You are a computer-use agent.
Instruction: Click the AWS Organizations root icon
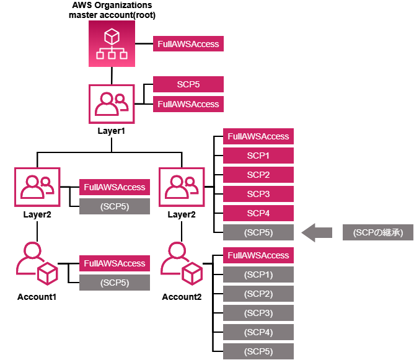click(x=112, y=45)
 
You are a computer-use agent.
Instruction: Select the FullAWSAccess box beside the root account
click(x=188, y=45)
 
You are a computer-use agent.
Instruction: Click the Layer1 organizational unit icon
click(x=112, y=104)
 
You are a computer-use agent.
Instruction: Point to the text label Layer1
click(x=112, y=131)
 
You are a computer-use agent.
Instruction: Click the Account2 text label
click(x=182, y=297)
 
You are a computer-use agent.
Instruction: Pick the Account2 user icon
click(x=182, y=263)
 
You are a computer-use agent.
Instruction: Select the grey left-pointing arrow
click(x=317, y=233)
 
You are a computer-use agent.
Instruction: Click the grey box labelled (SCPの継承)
click(x=377, y=233)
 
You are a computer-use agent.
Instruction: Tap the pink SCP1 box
click(x=258, y=156)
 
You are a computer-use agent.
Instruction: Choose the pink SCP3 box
click(x=258, y=195)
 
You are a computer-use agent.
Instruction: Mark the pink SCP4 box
click(x=258, y=214)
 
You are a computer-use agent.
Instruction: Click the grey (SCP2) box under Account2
click(x=258, y=294)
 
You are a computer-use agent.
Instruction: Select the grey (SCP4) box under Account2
click(x=258, y=332)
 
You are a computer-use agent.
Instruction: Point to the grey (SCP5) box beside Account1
click(x=114, y=283)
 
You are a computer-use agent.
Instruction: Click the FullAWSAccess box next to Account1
click(x=114, y=263)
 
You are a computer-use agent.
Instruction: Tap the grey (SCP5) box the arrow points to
click(x=258, y=233)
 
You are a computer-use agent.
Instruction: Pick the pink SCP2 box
click(x=258, y=175)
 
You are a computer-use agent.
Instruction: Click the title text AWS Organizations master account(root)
click(x=112, y=10)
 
